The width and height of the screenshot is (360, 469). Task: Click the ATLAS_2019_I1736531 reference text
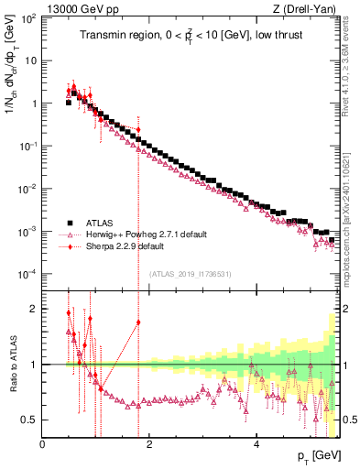tap(191, 274)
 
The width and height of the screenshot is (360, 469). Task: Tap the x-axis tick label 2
tap(149, 445)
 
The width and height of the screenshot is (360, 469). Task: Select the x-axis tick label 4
tap(256, 445)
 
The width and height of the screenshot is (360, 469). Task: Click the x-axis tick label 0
tap(43, 445)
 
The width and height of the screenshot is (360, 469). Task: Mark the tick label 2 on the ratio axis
tap(33, 309)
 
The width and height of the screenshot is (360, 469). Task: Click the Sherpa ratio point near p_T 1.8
tap(138, 322)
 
